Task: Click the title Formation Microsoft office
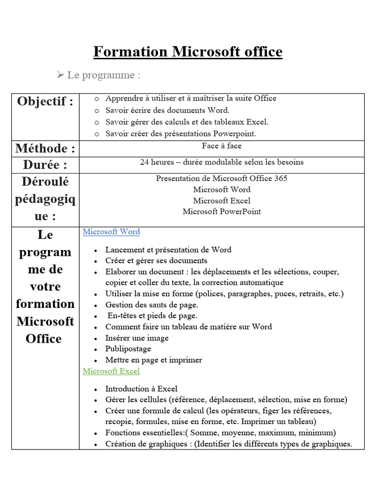click(188, 51)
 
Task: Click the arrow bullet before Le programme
click(61, 75)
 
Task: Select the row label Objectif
click(45, 101)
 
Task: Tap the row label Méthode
click(45, 148)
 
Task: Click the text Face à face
click(221, 146)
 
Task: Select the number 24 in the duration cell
click(144, 162)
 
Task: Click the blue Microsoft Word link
click(111, 232)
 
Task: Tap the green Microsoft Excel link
click(111, 372)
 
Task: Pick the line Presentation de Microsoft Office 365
click(221, 178)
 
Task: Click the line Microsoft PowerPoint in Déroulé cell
click(221, 212)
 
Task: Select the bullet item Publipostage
click(128, 349)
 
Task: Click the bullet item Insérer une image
click(137, 338)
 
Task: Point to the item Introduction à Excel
click(141, 389)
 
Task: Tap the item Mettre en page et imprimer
click(154, 360)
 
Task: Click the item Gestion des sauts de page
click(152, 305)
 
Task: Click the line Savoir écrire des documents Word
click(167, 110)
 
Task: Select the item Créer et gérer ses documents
click(156, 261)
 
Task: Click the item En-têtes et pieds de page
click(152, 316)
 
